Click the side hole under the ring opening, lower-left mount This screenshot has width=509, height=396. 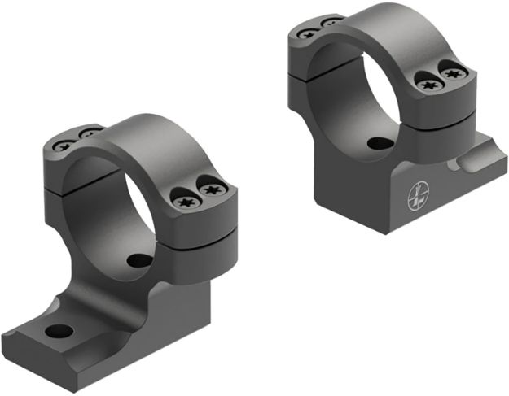point(140,261)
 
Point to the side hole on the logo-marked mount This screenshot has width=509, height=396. point(380,144)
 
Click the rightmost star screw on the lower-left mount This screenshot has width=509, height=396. point(213,190)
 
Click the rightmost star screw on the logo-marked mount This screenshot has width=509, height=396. point(454,74)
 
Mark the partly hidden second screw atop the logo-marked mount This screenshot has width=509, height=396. point(332,22)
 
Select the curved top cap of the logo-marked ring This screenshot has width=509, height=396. point(391,24)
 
